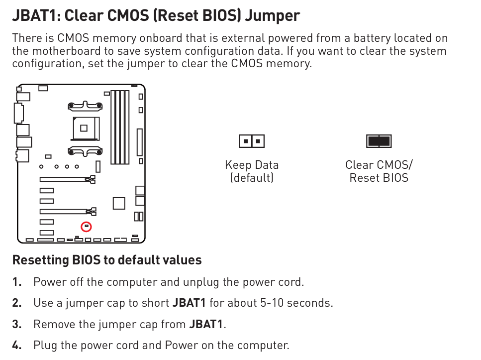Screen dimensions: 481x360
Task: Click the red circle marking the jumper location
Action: coord(86,223)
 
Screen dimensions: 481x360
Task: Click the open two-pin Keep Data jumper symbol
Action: coord(252,141)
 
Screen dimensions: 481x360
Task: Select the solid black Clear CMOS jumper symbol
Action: coord(379,141)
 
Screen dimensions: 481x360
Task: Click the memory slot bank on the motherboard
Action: coord(120,127)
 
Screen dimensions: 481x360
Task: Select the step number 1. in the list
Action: coord(17,282)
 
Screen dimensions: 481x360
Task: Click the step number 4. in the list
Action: coord(17,345)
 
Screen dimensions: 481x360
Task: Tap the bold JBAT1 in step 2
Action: coord(189,303)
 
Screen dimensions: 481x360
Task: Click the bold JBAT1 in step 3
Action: coord(206,324)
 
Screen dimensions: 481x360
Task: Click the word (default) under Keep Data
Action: coord(252,178)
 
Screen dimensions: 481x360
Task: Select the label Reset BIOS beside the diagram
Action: coord(379,178)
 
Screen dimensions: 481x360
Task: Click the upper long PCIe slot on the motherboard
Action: coord(68,179)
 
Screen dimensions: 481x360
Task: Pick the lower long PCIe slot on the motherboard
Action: coord(68,211)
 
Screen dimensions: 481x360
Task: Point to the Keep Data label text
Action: coord(252,165)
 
